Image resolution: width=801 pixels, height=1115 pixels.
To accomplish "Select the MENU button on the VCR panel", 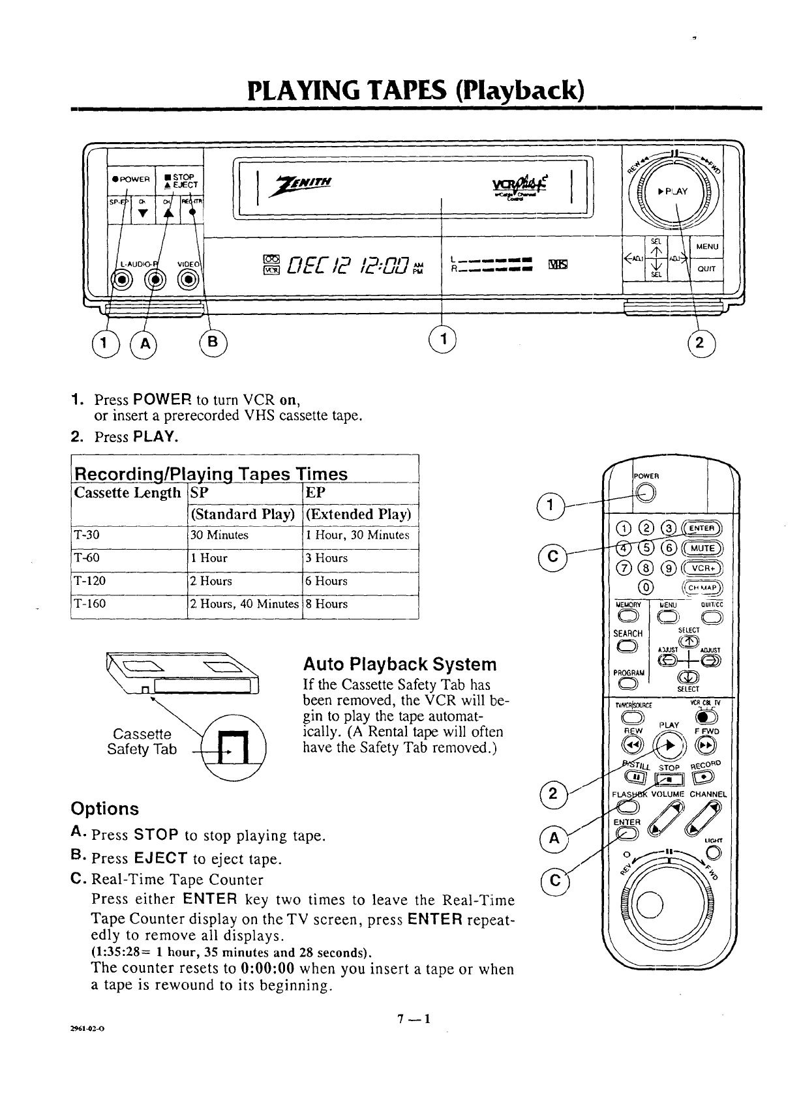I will tap(707, 246).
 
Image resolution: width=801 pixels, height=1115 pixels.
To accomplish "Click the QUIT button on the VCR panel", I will tap(707, 267).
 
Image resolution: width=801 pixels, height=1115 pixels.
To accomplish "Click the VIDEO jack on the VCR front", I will tap(189, 280).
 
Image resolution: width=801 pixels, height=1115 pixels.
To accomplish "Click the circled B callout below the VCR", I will tap(215, 341).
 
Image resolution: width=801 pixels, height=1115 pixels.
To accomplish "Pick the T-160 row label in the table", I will tap(91, 604).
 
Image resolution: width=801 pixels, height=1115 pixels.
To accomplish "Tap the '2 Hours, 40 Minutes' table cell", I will tap(244, 604).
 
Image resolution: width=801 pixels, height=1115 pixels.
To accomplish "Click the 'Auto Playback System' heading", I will tap(400, 664).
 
